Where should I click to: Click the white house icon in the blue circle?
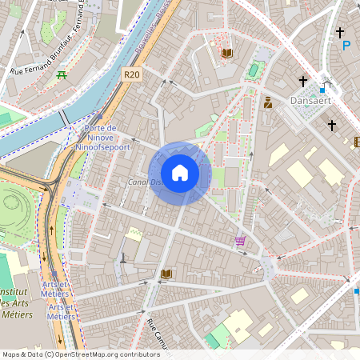(180, 173)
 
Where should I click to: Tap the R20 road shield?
(133, 74)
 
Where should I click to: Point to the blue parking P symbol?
(346, 46)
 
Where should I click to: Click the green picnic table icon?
(62, 75)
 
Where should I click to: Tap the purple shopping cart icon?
(240, 240)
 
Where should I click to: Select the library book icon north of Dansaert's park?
(227, 53)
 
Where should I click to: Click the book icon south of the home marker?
(166, 274)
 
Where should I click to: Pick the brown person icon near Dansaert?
(267, 102)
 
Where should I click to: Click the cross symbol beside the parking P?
(340, 33)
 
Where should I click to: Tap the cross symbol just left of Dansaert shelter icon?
(303, 81)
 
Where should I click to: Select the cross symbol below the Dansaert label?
(331, 126)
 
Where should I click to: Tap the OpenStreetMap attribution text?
(80, 354)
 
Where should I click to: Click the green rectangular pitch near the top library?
(254, 70)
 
